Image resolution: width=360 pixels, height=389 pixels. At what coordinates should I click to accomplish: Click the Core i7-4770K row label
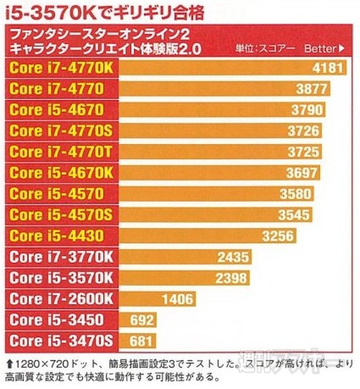(x=60, y=66)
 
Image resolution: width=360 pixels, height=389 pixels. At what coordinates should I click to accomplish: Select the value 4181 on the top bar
(x=328, y=67)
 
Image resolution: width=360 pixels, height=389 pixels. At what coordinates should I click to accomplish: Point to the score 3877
(x=314, y=88)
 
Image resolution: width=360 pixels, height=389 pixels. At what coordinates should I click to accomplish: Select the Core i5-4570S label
(x=60, y=214)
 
